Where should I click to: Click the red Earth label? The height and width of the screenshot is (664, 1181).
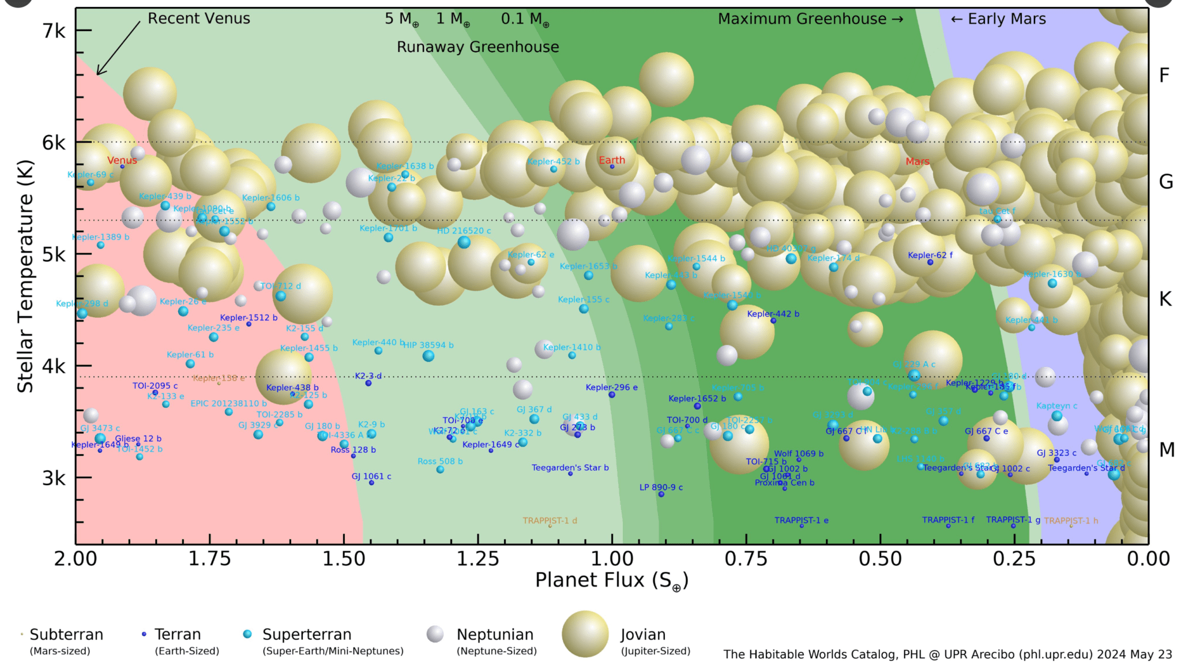[611, 160]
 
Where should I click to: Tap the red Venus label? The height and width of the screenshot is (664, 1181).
[122, 160]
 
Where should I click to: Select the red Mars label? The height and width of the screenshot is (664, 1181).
[917, 162]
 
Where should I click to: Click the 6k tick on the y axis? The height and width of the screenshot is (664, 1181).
[54, 142]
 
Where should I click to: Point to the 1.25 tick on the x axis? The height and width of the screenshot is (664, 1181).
[478, 558]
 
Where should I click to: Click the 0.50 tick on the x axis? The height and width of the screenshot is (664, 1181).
[880, 558]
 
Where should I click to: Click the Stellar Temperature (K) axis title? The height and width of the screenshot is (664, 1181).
[25, 277]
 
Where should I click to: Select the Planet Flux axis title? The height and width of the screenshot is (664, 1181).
[611, 580]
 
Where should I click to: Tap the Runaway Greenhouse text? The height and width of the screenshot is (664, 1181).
[477, 47]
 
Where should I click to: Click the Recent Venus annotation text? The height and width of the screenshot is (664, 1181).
[198, 18]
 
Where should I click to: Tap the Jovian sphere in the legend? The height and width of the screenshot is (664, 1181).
[585, 634]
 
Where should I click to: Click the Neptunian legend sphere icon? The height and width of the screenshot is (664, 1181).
[435, 634]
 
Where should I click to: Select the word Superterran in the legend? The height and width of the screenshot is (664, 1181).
[306, 635]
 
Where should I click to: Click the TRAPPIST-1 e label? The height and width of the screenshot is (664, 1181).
[801, 520]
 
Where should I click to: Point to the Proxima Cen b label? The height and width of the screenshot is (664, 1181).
[784, 483]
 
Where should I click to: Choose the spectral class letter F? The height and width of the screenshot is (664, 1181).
[1164, 76]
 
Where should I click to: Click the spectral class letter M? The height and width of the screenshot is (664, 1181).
[1166, 449]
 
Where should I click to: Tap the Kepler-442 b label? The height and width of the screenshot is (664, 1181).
[773, 314]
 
